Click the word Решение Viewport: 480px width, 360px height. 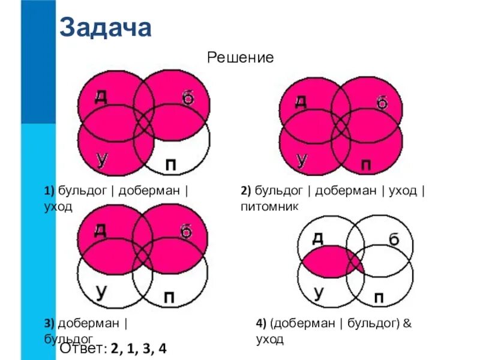tap(240, 58)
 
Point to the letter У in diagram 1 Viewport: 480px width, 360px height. tap(103, 158)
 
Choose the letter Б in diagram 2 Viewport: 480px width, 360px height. tap(382, 103)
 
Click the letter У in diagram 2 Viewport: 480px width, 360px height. tap(302, 160)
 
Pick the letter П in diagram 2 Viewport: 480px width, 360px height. tap(365, 164)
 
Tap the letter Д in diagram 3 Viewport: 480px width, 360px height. tap(100, 230)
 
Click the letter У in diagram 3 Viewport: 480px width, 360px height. tap(103, 292)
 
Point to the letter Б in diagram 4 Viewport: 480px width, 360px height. tap(394, 240)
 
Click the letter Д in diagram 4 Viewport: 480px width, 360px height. tap(318, 237)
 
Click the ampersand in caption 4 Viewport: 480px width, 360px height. tap(406, 323)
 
